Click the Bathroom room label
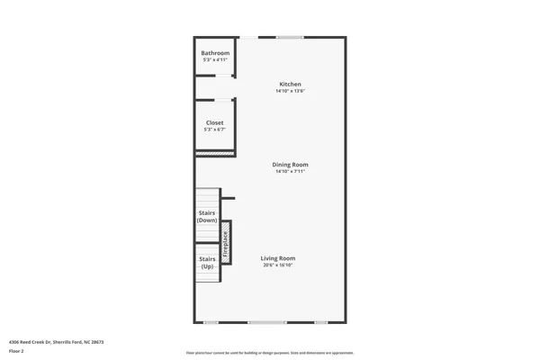tap(215, 53)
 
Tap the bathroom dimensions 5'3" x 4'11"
tap(215, 60)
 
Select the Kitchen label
tap(290, 85)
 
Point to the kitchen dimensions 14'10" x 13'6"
tap(290, 92)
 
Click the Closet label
tap(215, 122)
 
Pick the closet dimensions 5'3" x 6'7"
tap(215, 130)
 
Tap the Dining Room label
tap(291, 164)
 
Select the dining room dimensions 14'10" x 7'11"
tap(291, 171)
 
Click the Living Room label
tap(278, 258)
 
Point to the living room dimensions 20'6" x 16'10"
tap(278, 265)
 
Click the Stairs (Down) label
tap(207, 216)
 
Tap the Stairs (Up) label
tap(207, 263)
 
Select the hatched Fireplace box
tap(226, 242)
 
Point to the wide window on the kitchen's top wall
tap(289, 37)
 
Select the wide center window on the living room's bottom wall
tap(267, 322)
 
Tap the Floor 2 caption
tap(16, 352)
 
